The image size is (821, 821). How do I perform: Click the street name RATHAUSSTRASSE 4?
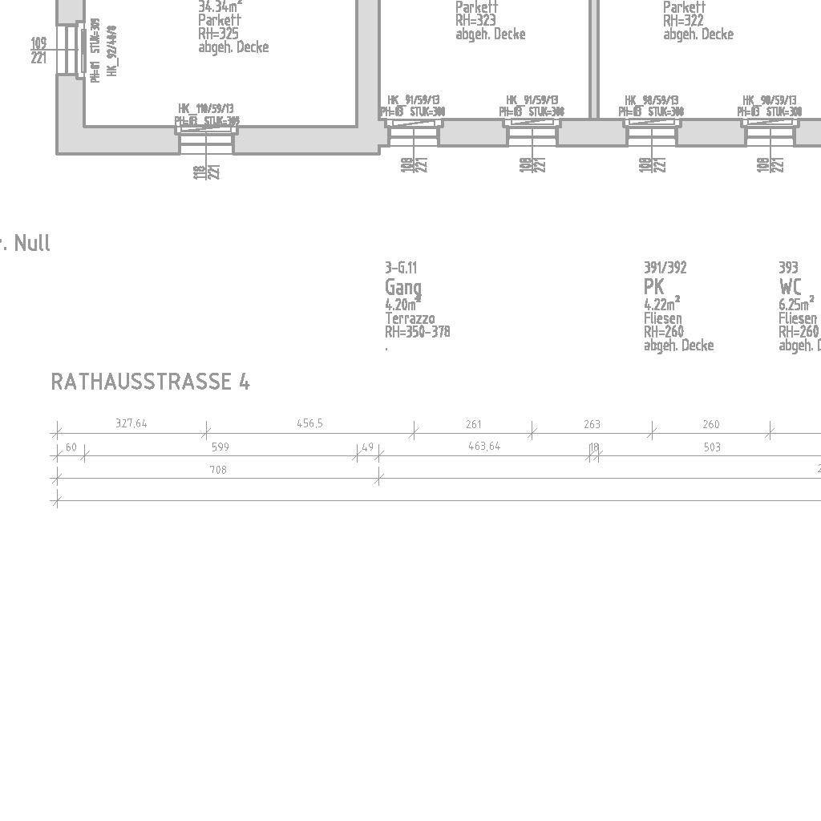(x=150, y=382)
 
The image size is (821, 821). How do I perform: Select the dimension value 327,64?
(x=131, y=423)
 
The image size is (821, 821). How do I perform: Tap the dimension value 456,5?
(x=309, y=423)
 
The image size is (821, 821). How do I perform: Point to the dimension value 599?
(x=220, y=447)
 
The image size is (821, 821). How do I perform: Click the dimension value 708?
(x=217, y=470)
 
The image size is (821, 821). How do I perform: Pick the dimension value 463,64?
(x=483, y=446)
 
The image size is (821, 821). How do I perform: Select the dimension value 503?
(x=712, y=447)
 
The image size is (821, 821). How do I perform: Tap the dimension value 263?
(x=592, y=424)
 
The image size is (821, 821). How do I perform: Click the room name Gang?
(x=402, y=286)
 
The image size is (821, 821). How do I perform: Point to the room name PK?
(x=654, y=286)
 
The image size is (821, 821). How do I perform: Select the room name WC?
(x=790, y=286)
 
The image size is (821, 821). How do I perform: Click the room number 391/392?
(x=665, y=268)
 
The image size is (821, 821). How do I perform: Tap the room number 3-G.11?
(x=401, y=268)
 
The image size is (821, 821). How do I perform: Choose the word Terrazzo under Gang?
(x=410, y=318)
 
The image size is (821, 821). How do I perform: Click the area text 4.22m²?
(x=661, y=304)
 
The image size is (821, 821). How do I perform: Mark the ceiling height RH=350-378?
(x=417, y=332)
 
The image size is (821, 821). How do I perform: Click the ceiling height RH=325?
(x=218, y=34)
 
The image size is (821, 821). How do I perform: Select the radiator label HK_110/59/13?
(x=206, y=108)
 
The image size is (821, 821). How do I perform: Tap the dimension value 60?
(x=71, y=447)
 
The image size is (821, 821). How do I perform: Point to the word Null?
(x=32, y=243)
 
